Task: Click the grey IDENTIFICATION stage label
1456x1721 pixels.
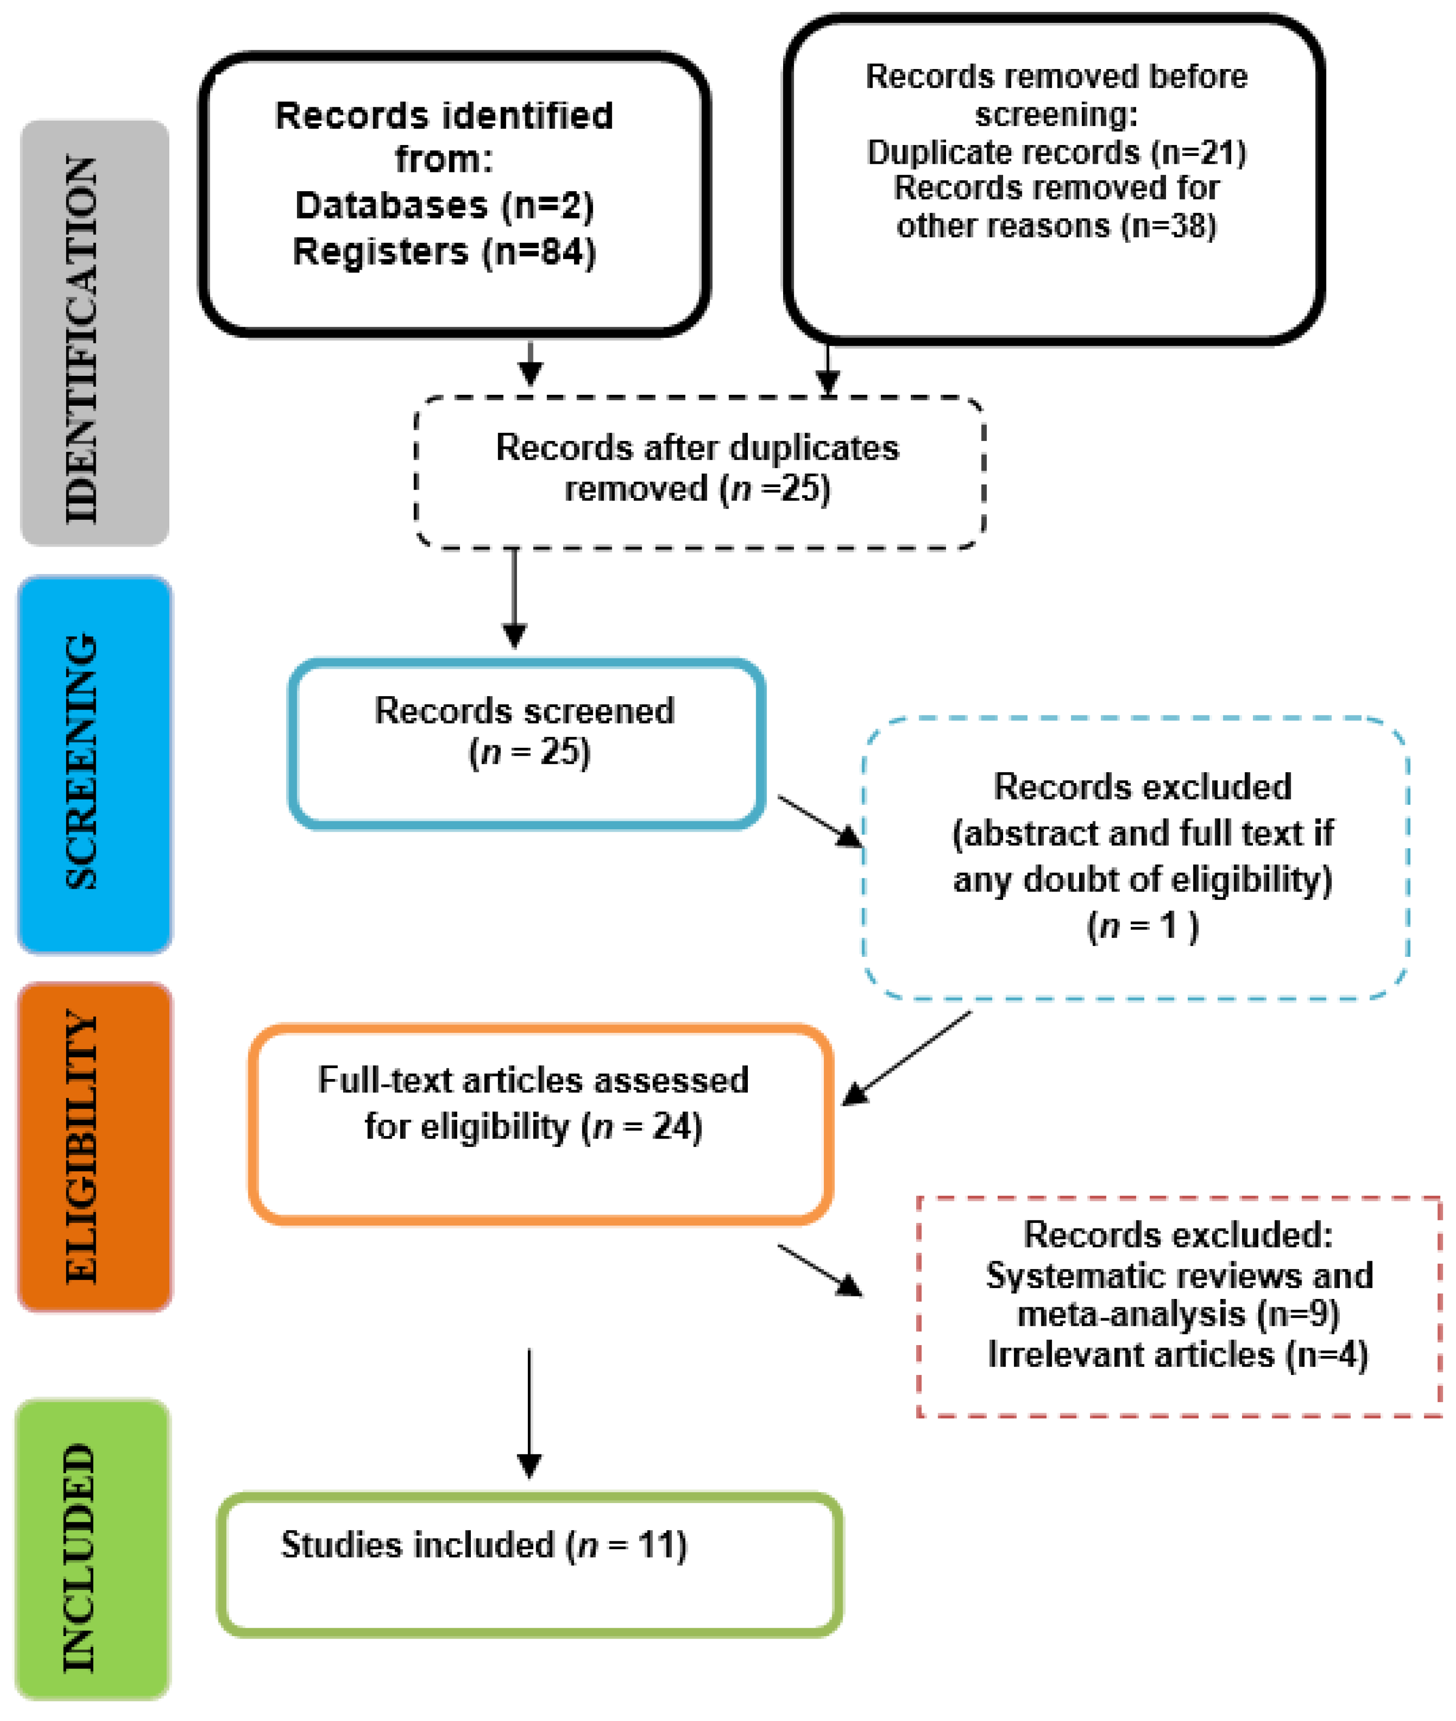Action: [94, 333]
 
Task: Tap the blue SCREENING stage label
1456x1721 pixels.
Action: [94, 764]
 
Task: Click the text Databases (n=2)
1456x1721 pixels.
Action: [444, 206]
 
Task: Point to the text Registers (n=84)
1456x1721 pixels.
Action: [444, 252]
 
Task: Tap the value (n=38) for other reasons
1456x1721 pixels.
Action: [1169, 225]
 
